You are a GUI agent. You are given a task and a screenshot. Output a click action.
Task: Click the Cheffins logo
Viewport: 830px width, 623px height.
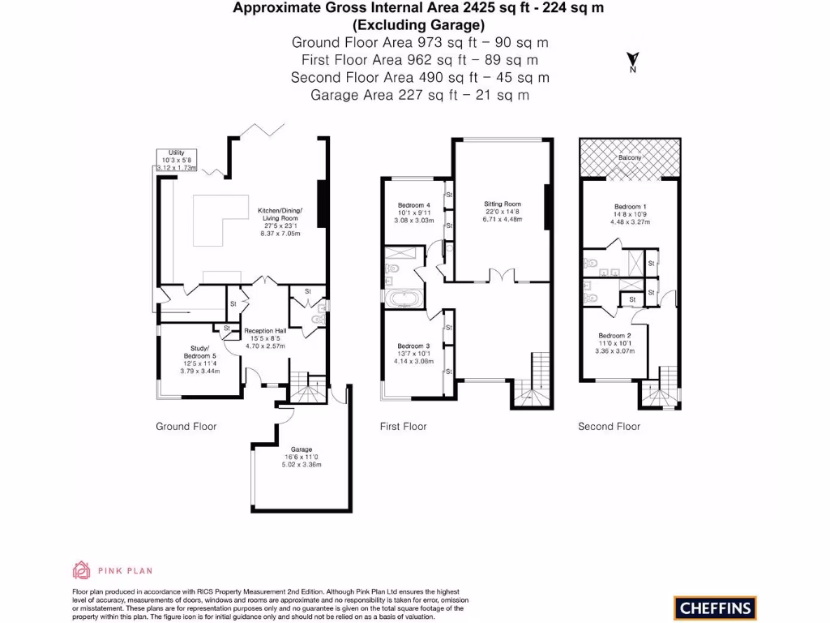(714, 608)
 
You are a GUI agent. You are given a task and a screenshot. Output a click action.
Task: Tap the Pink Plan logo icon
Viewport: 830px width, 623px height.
(81, 570)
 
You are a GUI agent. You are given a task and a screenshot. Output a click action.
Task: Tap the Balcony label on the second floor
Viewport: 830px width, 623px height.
(630, 157)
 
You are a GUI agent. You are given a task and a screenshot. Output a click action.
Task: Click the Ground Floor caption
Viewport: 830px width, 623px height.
(186, 427)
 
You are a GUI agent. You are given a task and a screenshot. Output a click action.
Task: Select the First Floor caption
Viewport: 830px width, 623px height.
(404, 427)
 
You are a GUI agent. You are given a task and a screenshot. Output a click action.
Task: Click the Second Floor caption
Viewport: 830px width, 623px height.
(609, 427)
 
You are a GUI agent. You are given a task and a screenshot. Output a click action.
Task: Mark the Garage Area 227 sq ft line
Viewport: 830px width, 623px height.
(420, 95)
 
